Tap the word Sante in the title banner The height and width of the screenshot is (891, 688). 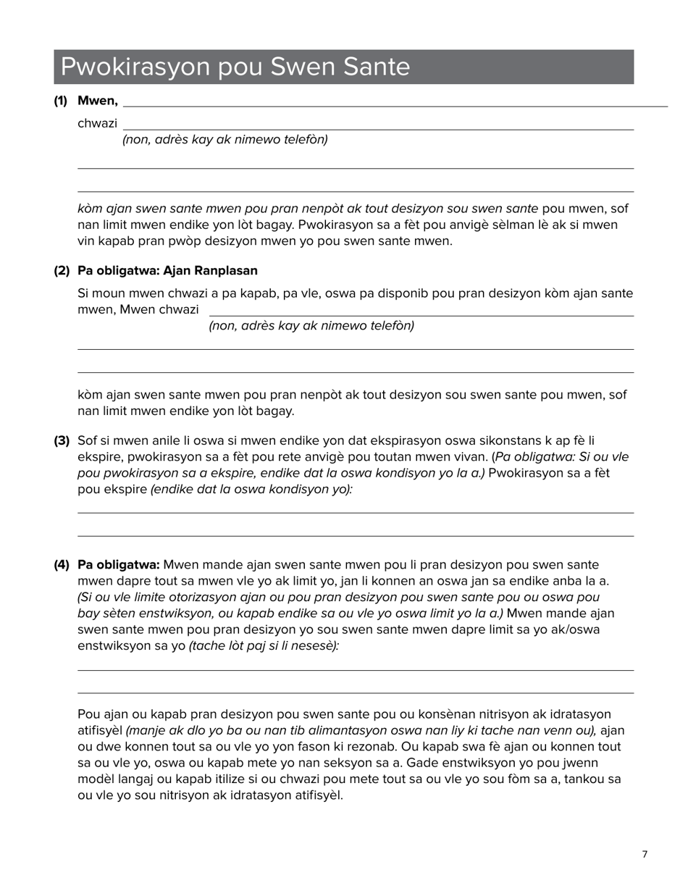(376, 67)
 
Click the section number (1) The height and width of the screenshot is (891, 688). (60, 101)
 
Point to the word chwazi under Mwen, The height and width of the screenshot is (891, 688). (97, 123)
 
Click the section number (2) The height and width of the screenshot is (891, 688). (61, 270)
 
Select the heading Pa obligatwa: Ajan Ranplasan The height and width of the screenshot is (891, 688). (167, 270)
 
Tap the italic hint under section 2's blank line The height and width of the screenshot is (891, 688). (311, 326)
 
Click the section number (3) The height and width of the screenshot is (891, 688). (61, 440)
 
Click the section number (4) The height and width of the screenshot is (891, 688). (61, 564)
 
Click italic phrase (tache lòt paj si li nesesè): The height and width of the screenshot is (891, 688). (264, 645)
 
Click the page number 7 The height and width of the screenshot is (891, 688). (645, 855)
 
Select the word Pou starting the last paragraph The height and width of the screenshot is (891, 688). (88, 714)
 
